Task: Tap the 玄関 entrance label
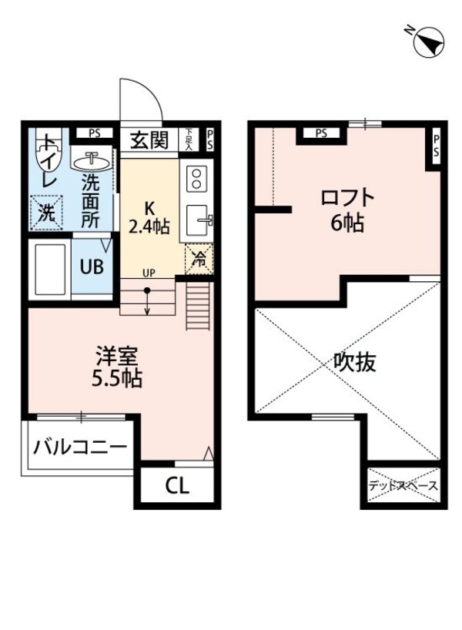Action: tap(148, 140)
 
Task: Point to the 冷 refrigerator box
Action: tap(198, 260)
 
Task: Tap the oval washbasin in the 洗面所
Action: tap(93, 161)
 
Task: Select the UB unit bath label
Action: tap(92, 269)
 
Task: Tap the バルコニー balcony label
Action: tap(81, 447)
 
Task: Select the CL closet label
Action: tap(178, 487)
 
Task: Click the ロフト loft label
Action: tap(348, 198)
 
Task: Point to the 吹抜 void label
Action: tap(355, 362)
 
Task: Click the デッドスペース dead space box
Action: tap(402, 485)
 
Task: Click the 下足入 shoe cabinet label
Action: tap(187, 139)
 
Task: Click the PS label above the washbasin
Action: tap(94, 132)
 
